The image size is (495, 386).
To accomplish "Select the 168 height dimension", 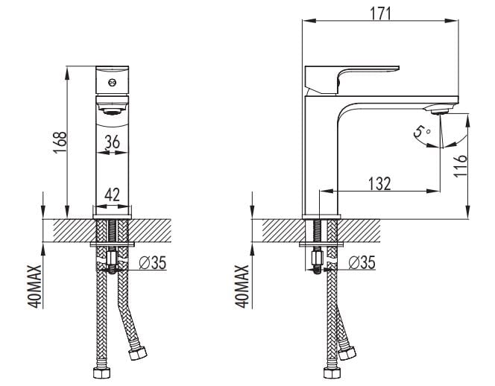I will [x=60, y=139].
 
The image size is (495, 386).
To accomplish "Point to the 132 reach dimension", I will [x=379, y=183].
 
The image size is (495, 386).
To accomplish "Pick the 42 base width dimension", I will [x=113, y=196].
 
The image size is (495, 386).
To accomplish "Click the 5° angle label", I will [x=423, y=133].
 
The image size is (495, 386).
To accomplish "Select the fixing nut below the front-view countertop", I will [x=113, y=261].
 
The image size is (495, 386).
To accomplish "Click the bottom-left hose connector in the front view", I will [x=100, y=373].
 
